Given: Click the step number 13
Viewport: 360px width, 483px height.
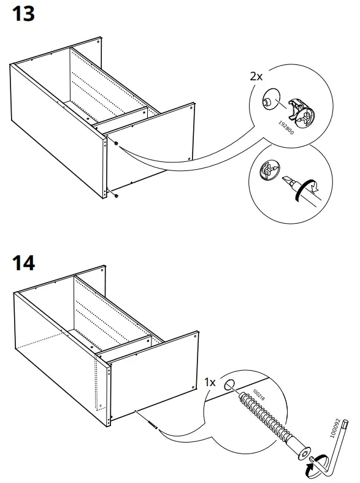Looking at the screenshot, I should (24, 14).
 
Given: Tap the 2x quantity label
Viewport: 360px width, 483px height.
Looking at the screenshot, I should (256, 77).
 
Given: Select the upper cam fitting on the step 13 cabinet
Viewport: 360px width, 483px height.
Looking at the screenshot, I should (115, 143).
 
